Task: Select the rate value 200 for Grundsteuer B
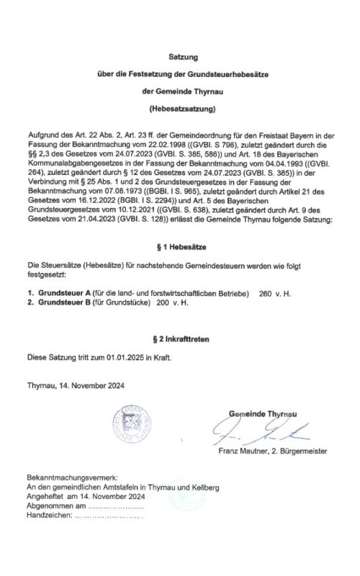(x=162, y=302)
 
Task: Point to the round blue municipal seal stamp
(x=131, y=424)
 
